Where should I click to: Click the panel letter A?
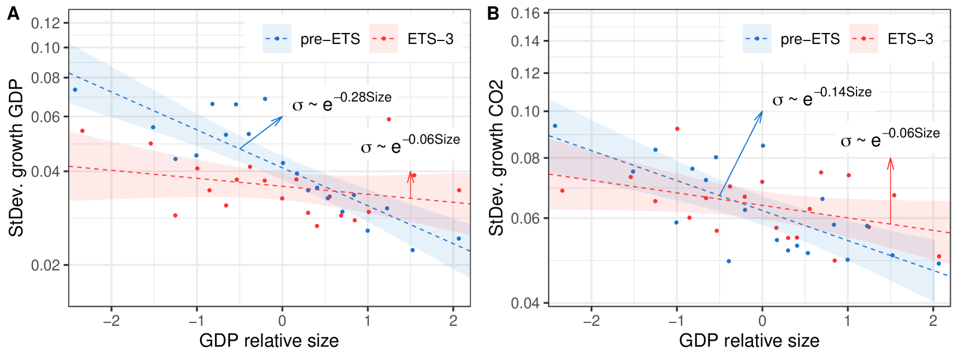coord(13,13)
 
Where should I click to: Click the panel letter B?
coord(493,13)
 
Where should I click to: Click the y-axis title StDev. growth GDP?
coord(16,158)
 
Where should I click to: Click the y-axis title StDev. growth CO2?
coord(496,158)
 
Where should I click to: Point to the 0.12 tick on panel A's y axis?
coord(46,23)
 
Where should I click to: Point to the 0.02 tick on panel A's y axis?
coord(46,265)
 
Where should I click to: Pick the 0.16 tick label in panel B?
coord(525,13)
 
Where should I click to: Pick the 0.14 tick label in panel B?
coord(525,41)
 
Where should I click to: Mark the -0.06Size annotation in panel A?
coord(410,144)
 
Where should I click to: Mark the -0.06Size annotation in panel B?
coord(890,138)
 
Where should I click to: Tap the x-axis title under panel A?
coord(269,341)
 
